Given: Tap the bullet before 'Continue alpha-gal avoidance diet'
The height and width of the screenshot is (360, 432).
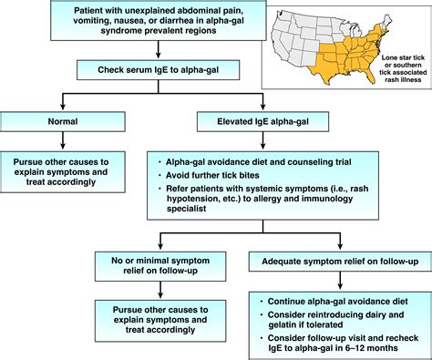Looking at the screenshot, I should click(261, 300).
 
